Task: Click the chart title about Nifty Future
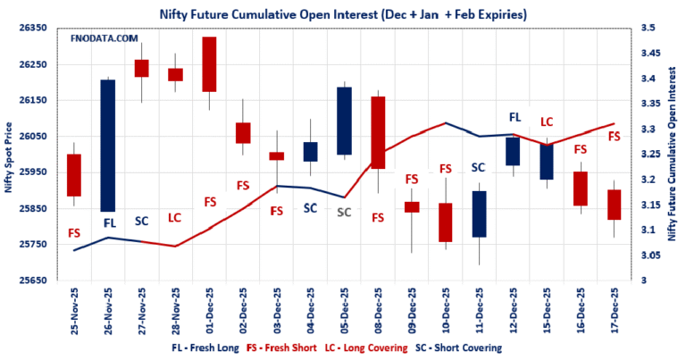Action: pos(343,13)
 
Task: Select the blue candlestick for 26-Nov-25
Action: pos(107,145)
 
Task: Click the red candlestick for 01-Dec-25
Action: pos(208,64)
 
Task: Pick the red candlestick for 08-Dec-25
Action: pos(377,132)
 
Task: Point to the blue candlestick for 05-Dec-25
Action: pos(343,121)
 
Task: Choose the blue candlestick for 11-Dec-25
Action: pos(479,213)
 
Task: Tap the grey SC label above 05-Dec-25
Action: pos(344,213)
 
